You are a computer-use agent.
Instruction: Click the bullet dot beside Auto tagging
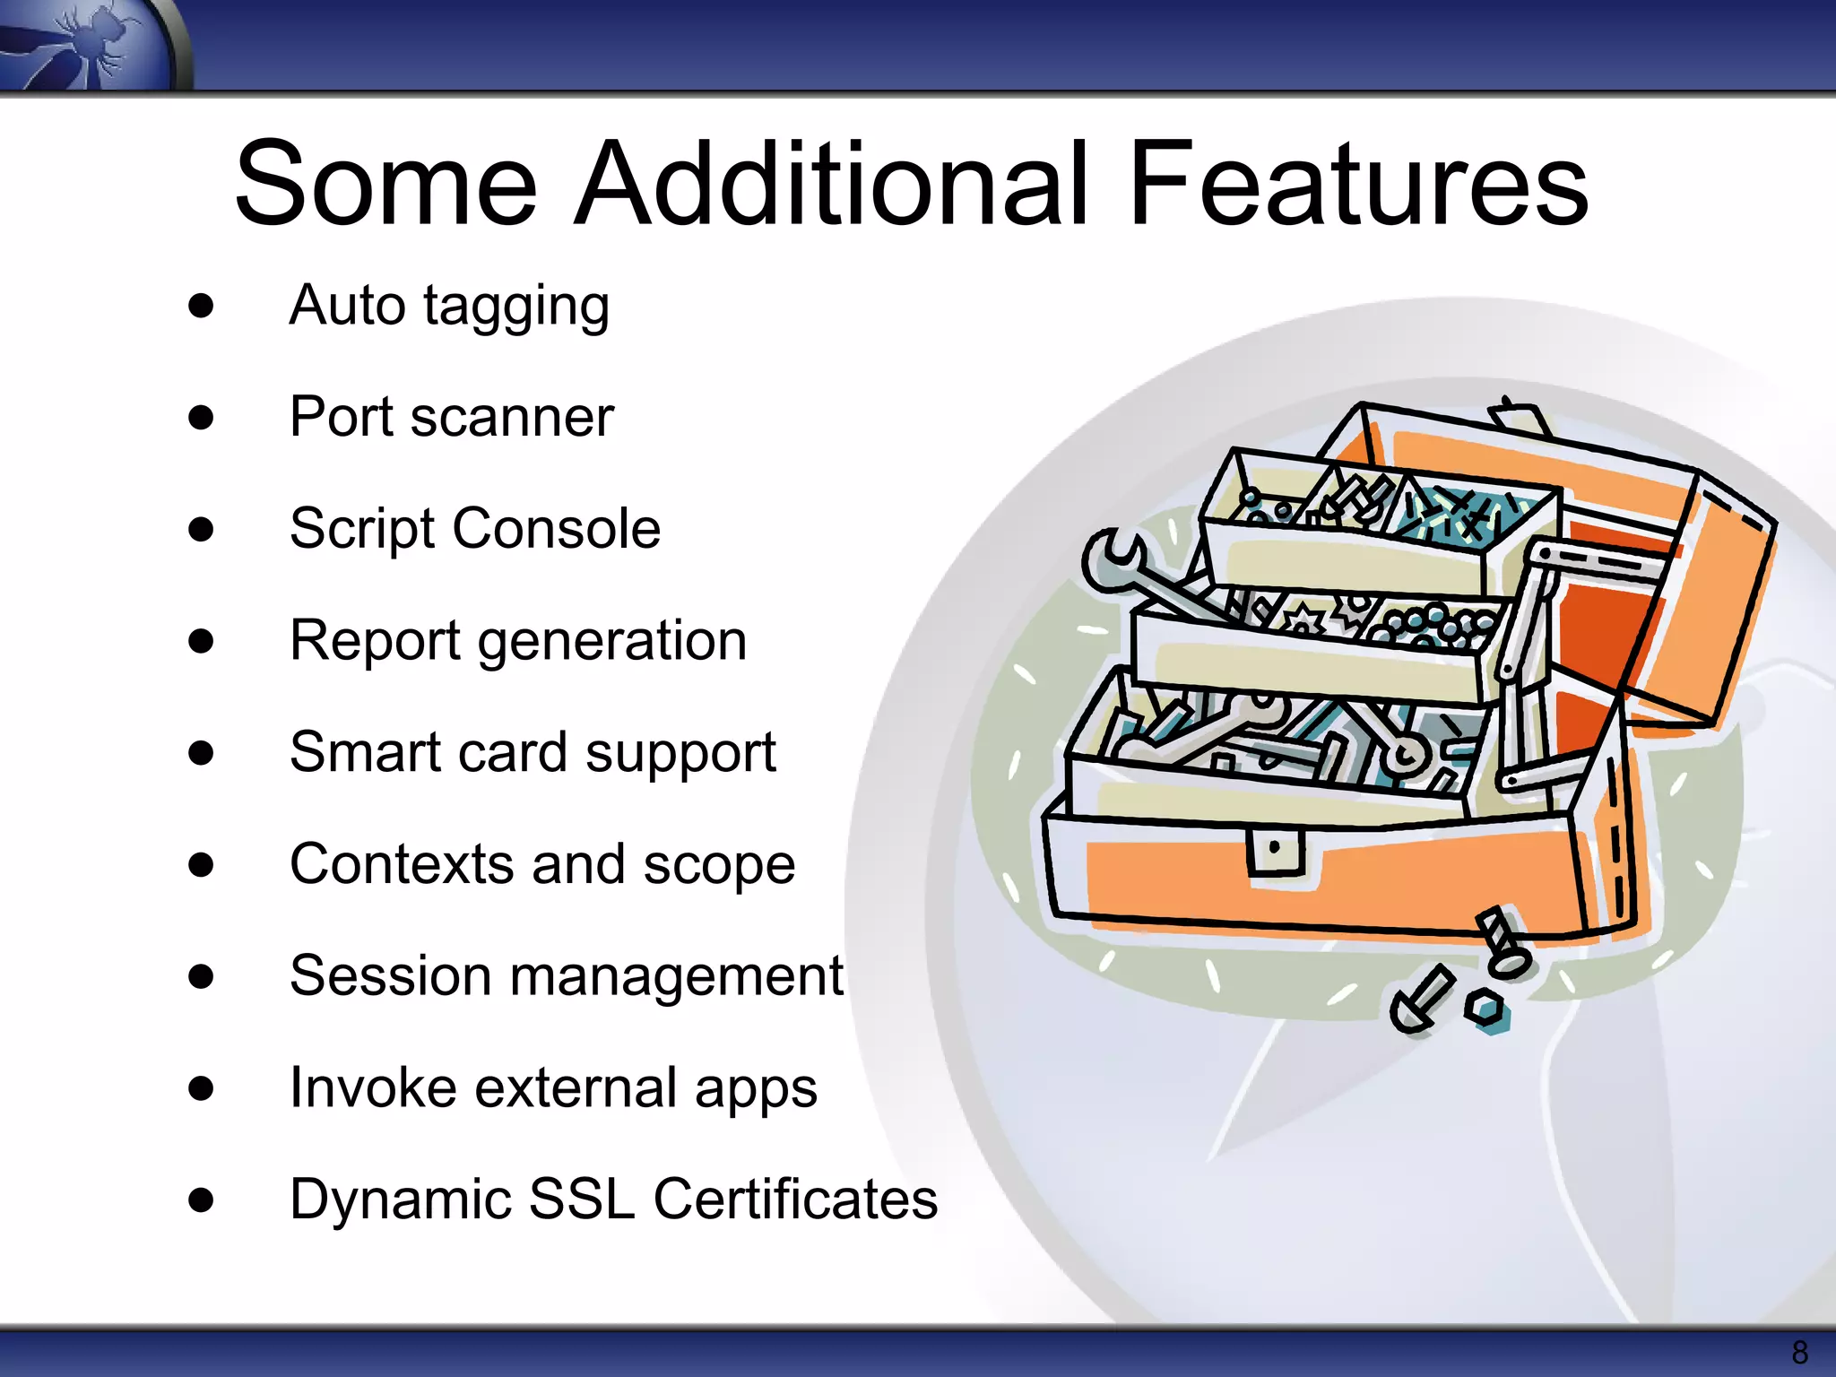tap(202, 306)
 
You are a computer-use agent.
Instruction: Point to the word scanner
tap(512, 418)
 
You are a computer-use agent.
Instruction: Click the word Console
tap(556, 529)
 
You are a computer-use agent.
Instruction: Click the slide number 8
tap(1798, 1352)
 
